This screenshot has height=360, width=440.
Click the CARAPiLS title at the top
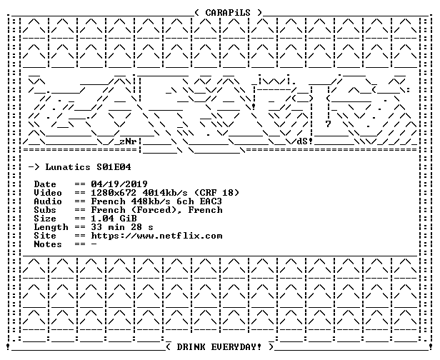[228, 13]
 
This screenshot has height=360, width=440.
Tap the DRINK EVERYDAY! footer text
[219, 347]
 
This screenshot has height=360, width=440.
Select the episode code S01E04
[114, 167]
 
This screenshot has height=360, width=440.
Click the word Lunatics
[68, 167]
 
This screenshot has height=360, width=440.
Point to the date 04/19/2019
[119, 184]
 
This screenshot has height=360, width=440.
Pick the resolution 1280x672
[114, 193]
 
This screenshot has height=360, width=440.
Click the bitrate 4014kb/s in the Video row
[165, 193]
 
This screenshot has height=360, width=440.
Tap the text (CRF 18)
[216, 193]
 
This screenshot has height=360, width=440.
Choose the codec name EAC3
[211, 201]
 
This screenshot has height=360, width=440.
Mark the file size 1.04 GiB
[114, 219]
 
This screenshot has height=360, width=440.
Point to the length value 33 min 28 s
[122, 227]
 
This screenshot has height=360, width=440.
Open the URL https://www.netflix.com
[156, 236]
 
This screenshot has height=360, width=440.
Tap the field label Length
[51, 227]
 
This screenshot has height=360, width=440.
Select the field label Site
[45, 236]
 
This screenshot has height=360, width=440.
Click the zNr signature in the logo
[129, 141]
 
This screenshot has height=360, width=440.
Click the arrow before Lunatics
[34, 167]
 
